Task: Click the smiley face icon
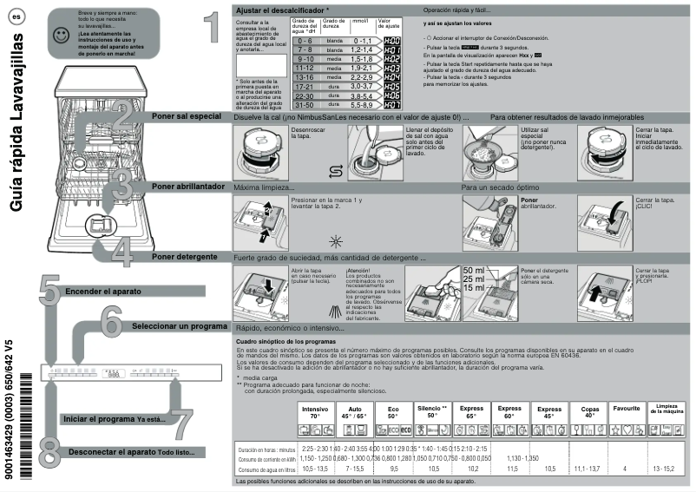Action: (x=59, y=35)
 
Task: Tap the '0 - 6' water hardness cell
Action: (x=304, y=41)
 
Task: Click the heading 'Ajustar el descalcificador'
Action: (x=282, y=9)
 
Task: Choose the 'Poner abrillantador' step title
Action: (x=187, y=187)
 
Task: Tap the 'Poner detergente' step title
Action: (x=183, y=257)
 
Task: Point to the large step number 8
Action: (x=49, y=452)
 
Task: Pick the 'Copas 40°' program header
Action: (x=590, y=411)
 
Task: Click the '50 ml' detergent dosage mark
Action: (x=474, y=271)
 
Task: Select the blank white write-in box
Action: (x=260, y=65)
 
